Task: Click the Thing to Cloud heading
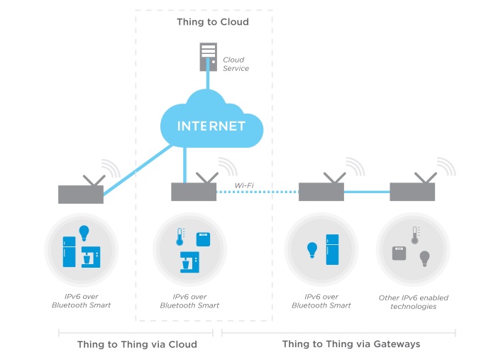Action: pyautogui.click(x=213, y=22)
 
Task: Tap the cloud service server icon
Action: pyautogui.click(x=208, y=57)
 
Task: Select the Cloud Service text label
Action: pyautogui.click(x=236, y=64)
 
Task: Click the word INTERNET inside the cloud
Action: pyautogui.click(x=211, y=126)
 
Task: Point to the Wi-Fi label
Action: pyautogui.click(x=244, y=185)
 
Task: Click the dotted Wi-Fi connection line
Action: pyautogui.click(x=258, y=192)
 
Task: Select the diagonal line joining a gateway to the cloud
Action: pyautogui.click(x=138, y=170)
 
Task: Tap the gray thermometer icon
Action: pyautogui.click(x=415, y=235)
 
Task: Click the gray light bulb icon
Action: pyautogui.click(x=425, y=258)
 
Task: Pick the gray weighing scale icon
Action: pyautogui.click(x=399, y=253)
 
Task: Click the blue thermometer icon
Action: pyautogui.click(x=180, y=237)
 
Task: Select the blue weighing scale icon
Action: pyautogui.click(x=204, y=239)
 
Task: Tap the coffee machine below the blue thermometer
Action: pyautogui.click(x=189, y=262)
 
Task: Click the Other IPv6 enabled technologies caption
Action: pyautogui.click(x=414, y=302)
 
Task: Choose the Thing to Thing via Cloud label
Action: pyautogui.click(x=137, y=344)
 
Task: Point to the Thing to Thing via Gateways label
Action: pyautogui.click(x=351, y=344)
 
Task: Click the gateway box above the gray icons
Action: pyautogui.click(x=412, y=192)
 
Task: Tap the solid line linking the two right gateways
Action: pyautogui.click(x=367, y=192)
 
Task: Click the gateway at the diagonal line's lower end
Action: pyautogui.click(x=81, y=195)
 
